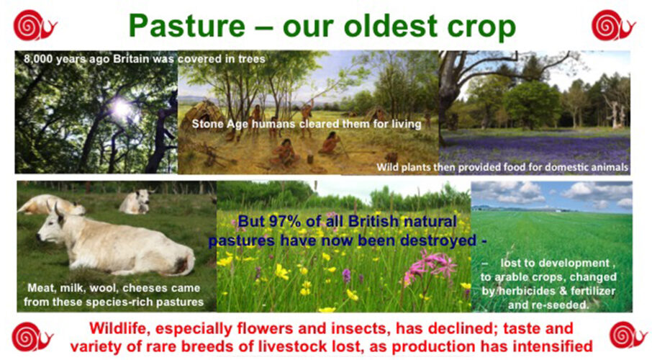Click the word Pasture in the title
pos(187,25)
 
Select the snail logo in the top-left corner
pos(35,25)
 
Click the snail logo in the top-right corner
pos(613,25)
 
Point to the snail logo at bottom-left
pos(32,337)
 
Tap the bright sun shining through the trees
pos(122,108)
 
